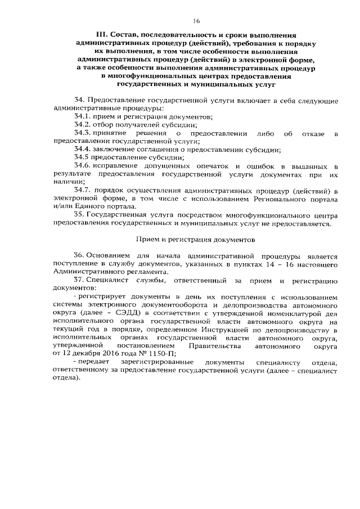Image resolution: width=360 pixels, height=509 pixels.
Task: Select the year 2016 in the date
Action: tap(111, 353)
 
